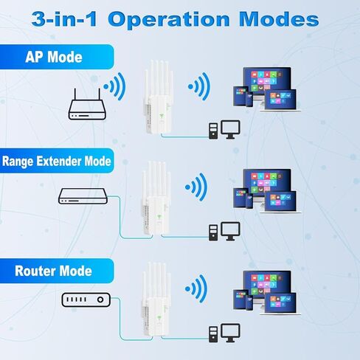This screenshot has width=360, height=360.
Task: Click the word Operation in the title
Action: [169, 20]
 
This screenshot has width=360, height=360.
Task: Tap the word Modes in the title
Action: [279, 19]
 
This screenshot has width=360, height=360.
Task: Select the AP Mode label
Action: [54, 57]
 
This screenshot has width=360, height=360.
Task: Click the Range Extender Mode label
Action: [57, 162]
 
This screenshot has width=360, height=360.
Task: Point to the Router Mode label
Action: [53, 271]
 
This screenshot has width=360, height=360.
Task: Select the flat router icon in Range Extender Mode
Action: [83, 196]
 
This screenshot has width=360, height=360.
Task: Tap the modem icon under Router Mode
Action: [86, 300]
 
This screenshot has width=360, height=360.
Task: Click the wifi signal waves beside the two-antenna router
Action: [115, 86]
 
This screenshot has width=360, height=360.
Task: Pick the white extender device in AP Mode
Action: [159, 97]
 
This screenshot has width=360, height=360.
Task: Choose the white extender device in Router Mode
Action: [156, 300]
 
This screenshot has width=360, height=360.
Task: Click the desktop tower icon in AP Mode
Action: [213, 131]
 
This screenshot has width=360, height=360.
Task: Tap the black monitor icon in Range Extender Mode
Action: [230, 231]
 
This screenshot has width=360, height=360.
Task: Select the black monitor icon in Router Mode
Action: [230, 333]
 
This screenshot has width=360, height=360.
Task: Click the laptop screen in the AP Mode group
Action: [280, 100]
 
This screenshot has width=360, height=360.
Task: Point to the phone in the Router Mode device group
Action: [249, 303]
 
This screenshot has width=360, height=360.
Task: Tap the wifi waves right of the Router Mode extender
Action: [196, 288]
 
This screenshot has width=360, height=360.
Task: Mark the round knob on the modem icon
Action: [100, 300]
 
